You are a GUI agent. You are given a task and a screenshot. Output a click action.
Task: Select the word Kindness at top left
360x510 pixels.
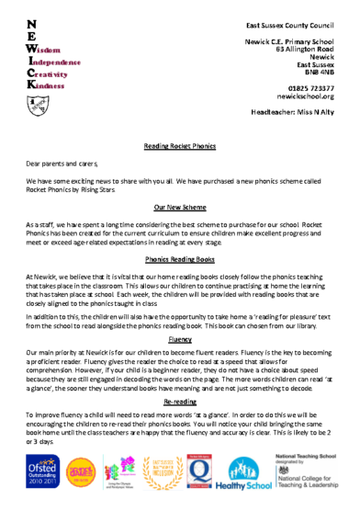pyautogui.click(x=47, y=85)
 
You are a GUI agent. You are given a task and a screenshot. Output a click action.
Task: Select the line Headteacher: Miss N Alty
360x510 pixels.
pyautogui.click(x=292, y=112)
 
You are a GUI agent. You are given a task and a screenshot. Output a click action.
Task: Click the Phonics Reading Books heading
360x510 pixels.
pyautogui.click(x=180, y=260)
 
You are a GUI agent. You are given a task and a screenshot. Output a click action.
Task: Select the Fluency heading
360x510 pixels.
pyautogui.click(x=180, y=339)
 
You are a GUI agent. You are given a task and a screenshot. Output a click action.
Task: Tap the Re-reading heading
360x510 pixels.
pyautogui.click(x=180, y=402)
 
